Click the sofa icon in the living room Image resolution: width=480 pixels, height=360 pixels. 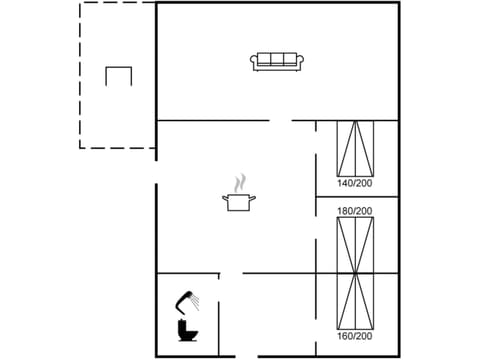tap(279, 62)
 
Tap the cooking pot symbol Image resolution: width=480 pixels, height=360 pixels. tap(239, 202)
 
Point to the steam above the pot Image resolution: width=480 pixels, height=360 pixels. tap(239, 184)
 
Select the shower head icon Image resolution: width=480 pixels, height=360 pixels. tap(184, 297)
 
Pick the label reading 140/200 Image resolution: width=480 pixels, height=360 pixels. tap(354, 184)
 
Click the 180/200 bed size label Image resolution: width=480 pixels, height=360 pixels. tap(354, 211)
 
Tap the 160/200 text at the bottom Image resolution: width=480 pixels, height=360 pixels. tap(354, 336)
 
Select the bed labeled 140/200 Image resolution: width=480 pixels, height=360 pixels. tap(354, 149)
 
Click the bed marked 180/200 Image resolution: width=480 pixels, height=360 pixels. tap(354, 244)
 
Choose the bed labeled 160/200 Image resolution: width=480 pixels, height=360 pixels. tap(354, 299)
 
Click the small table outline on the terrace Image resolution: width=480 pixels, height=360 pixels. tap(119, 76)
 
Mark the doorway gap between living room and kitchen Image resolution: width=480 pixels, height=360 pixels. tap(281, 121)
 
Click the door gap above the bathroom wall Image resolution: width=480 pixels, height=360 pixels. tap(231, 273)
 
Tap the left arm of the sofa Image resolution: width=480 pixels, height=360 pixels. tap(255, 63)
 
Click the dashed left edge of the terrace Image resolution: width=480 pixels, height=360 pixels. tap(81, 75)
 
